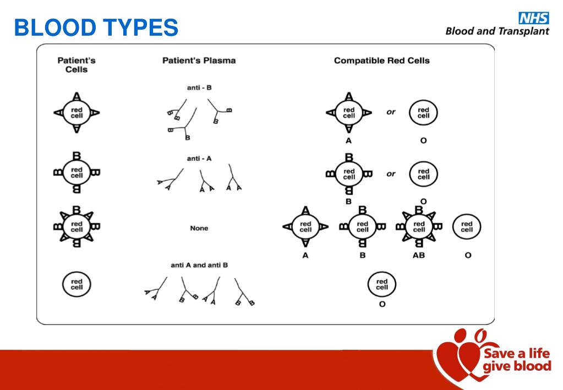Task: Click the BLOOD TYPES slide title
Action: coord(96,26)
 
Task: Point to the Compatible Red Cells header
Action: coord(381,61)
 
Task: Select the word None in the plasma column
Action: coord(199,228)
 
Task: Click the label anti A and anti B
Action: coord(199,265)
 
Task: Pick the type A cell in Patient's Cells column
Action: coord(76,112)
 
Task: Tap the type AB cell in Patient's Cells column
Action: coord(76,226)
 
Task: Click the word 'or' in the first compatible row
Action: coord(391,112)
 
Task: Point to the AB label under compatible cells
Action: coord(418,256)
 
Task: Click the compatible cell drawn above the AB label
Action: coord(419,226)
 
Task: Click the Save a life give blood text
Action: coord(516,359)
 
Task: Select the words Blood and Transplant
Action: coord(497,31)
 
